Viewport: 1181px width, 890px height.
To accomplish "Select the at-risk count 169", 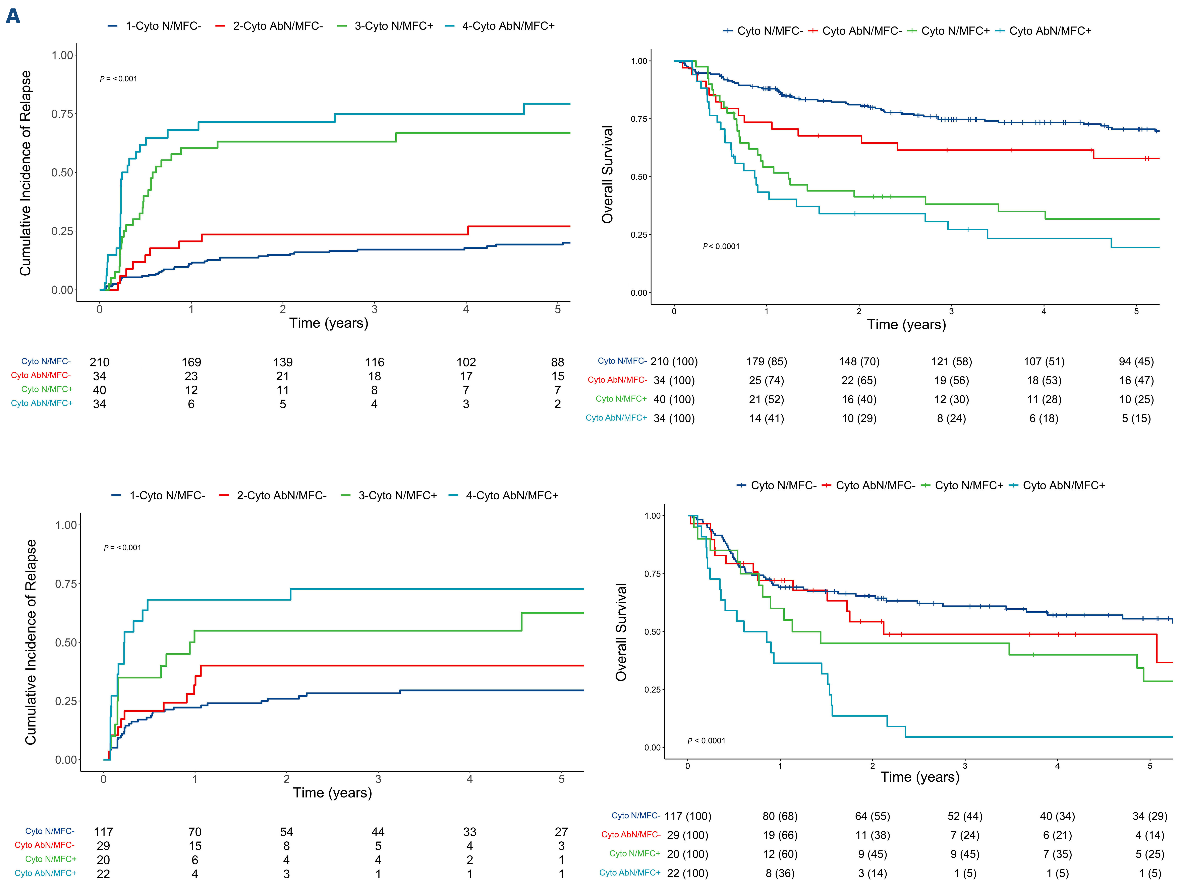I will point(191,362).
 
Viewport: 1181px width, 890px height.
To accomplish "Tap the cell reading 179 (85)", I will point(767,361).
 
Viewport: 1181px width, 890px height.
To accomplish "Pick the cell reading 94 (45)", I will point(1136,361).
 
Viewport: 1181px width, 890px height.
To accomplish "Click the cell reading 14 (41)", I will point(767,419).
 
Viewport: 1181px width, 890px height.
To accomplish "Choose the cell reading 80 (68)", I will point(780,816).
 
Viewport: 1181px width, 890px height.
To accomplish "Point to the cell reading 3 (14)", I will point(872,874).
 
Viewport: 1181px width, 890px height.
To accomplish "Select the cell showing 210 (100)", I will point(674,361).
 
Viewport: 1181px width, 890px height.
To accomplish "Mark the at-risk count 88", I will point(557,362).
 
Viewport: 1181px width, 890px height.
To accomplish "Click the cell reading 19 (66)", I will point(780,835).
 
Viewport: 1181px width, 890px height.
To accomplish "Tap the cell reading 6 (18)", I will point(1044,419).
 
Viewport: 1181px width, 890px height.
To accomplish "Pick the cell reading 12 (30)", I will point(951,399).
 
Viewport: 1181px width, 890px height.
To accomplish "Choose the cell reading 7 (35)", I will point(1057,854).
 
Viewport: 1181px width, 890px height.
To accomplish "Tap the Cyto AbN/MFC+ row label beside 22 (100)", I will point(629,873).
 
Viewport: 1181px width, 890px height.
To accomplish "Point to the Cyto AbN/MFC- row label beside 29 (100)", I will point(631,834).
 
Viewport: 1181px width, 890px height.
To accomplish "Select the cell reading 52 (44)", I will point(965,816).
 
